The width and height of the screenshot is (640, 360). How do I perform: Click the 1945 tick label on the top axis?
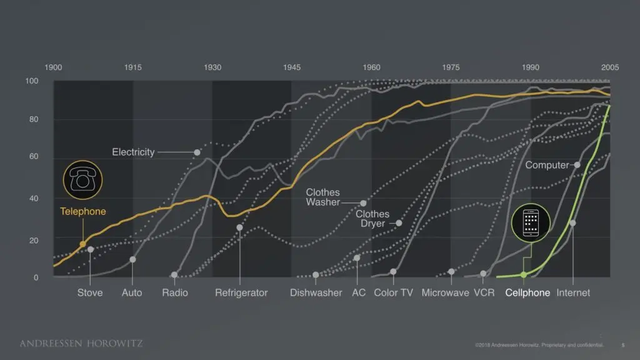291,67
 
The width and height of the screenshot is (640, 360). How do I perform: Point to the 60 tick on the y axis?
32,157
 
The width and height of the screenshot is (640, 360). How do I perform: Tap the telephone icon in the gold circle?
82,179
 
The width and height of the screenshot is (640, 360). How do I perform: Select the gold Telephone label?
83,211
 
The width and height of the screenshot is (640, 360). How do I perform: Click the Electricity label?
133,152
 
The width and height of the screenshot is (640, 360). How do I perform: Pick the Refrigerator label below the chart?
241,292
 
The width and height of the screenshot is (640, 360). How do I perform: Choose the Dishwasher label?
316,292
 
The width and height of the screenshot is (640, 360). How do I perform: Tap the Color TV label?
394,292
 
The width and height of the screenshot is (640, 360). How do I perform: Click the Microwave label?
445,292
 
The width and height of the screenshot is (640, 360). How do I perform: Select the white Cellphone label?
527,292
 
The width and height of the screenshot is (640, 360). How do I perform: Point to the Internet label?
573,292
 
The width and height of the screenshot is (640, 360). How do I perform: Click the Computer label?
547,165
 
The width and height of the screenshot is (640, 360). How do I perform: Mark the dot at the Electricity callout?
197,152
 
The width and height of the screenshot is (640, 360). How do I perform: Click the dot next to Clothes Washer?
363,203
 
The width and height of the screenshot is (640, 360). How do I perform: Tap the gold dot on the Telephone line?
82,244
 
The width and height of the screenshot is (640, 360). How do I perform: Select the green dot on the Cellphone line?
524,274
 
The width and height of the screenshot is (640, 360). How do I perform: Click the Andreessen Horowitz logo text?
81,343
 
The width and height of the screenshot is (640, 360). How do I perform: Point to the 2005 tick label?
610,67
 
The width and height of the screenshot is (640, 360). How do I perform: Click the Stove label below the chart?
90,292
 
